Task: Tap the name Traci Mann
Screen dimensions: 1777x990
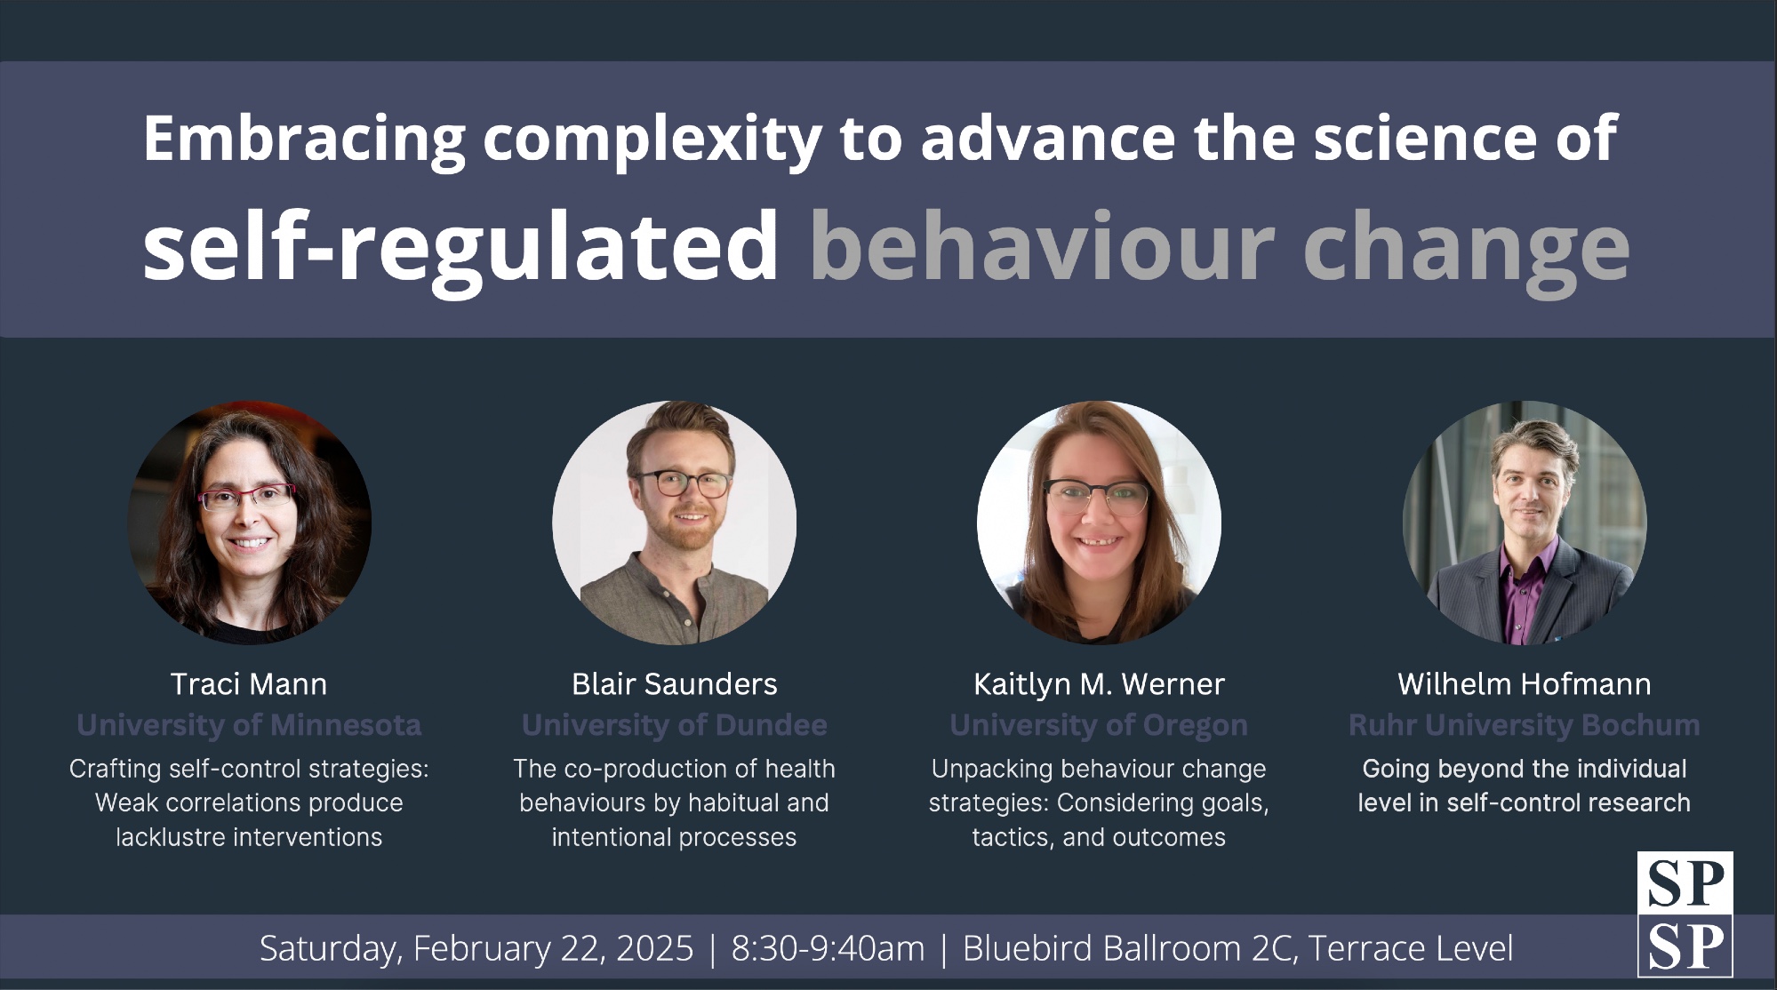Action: [249, 684]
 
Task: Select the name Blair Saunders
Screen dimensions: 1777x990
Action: [674, 684]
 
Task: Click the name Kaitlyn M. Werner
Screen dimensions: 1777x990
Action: [1099, 684]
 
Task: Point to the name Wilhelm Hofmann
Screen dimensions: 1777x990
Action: [1524, 684]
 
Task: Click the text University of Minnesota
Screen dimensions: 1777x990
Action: [249, 725]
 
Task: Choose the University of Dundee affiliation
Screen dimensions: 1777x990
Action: [674, 725]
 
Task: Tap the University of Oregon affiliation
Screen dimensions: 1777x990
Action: [1099, 725]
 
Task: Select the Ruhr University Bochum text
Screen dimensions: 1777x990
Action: [1524, 725]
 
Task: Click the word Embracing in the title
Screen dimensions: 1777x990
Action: [304, 140]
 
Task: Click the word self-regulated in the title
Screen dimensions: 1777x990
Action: [460, 249]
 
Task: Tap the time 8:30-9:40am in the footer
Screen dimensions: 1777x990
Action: [828, 948]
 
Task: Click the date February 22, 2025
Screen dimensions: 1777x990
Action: [553, 949]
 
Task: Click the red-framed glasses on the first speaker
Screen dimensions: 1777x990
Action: [247, 497]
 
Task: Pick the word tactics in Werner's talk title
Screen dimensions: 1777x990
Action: [1011, 838]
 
